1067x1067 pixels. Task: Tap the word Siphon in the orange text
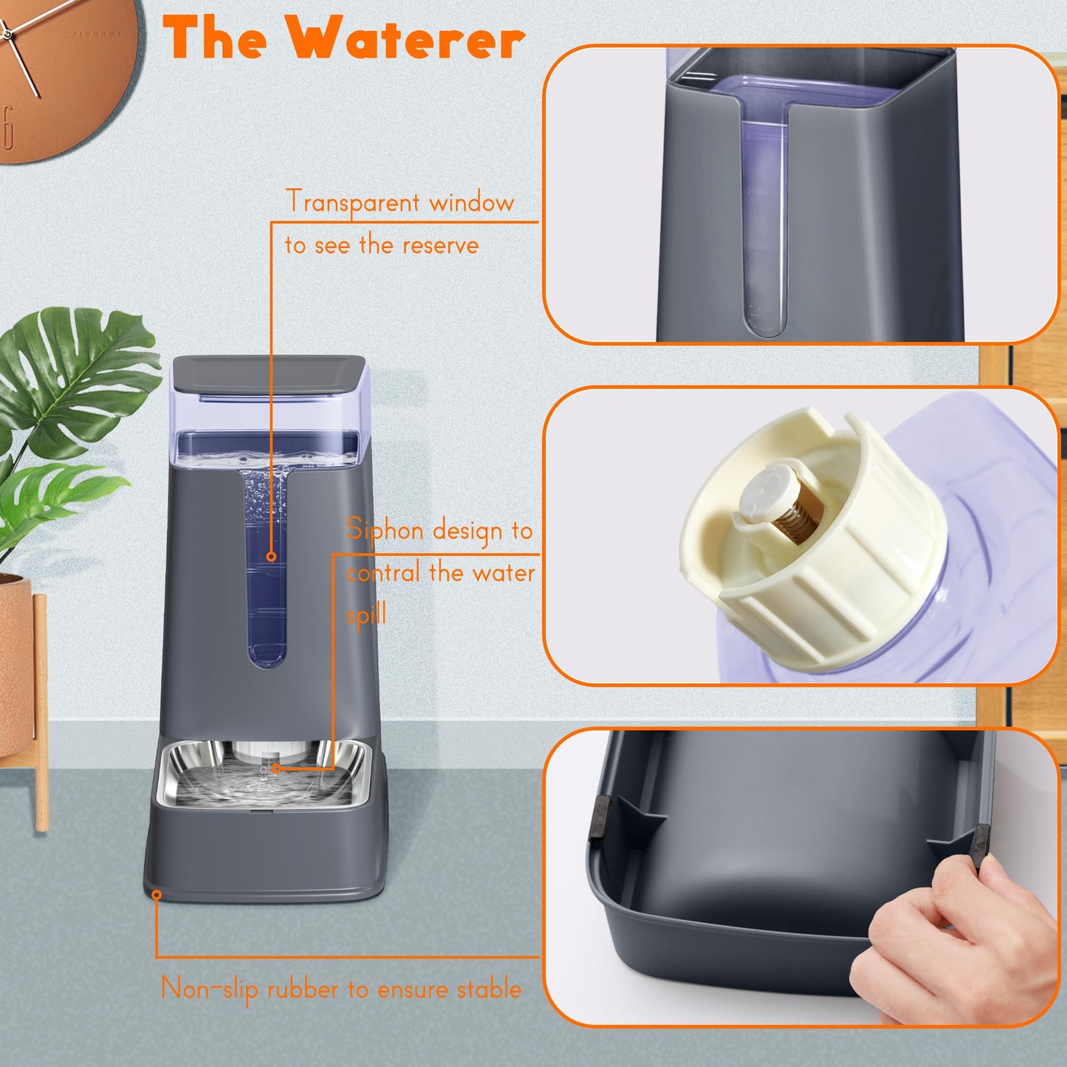click(384, 530)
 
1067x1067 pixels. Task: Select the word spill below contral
click(366, 614)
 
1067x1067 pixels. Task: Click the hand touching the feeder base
click(953, 953)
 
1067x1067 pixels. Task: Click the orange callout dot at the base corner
click(157, 895)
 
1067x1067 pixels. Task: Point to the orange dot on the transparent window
click(271, 556)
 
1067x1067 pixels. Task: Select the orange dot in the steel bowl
click(275, 768)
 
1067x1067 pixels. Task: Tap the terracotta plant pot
click(15, 665)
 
